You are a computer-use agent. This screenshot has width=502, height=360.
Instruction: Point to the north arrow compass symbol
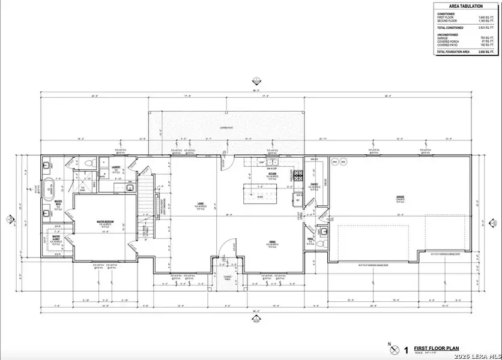pyautogui.click(x=393, y=349)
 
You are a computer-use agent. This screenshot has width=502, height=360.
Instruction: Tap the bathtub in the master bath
pyautogui.click(x=48, y=187)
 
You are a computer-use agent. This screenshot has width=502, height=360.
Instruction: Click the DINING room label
pyautogui.click(x=271, y=242)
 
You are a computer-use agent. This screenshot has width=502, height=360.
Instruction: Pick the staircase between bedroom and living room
pyautogui.click(x=144, y=204)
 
